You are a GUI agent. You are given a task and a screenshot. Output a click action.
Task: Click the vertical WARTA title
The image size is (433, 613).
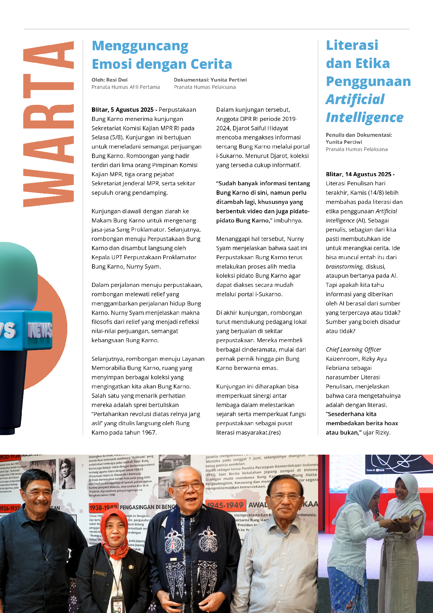(49, 124)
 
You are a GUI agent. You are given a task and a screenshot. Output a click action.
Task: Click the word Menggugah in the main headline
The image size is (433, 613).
(140, 46)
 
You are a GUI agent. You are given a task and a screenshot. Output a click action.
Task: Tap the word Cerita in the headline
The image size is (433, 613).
(211, 64)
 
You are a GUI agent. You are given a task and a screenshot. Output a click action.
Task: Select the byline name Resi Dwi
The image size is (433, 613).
(117, 80)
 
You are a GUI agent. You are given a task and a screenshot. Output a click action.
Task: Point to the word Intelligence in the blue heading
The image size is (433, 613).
(364, 118)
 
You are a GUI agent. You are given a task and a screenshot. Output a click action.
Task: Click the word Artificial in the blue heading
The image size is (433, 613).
(355, 99)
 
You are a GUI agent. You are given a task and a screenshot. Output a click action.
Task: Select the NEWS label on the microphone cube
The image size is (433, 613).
(40, 331)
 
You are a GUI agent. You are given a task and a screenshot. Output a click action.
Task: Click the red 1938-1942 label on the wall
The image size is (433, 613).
(103, 507)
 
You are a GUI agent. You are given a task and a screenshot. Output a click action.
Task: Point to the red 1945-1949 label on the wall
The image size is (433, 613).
(225, 505)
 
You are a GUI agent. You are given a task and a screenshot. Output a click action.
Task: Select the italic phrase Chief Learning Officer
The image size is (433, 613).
(353, 349)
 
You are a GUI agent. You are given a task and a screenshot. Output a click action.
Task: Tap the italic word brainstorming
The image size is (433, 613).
(344, 266)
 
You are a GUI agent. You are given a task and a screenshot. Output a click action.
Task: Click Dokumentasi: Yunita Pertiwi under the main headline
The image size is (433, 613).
(210, 80)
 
